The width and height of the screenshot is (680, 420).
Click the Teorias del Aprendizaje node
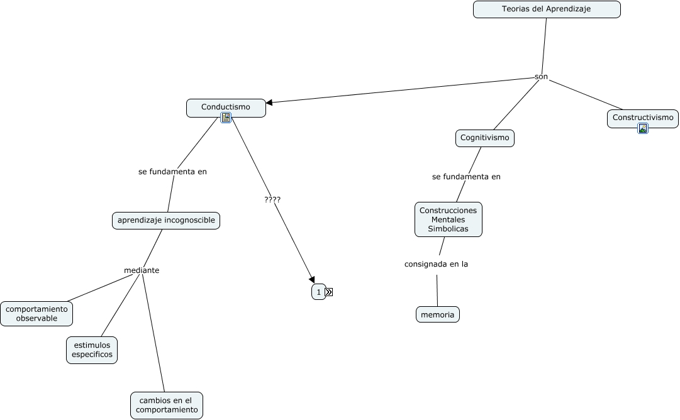pos(546,9)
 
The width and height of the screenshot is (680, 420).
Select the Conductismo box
pos(226,107)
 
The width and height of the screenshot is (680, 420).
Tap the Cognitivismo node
pos(484,138)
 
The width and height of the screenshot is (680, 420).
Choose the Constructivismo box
pos(642,118)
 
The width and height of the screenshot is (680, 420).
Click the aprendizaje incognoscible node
pos(166,220)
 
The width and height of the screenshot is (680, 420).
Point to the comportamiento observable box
pos(36,314)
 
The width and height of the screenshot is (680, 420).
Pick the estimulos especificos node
pos(92,350)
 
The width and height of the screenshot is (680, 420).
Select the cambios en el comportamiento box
pos(167,405)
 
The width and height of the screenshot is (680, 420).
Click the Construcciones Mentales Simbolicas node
pos(448,219)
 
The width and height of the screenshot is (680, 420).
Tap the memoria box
pos(437,314)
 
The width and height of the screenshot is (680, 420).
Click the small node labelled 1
pos(318,292)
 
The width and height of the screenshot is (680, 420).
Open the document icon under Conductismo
pos(226,118)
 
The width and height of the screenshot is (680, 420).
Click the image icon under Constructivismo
pos(642,128)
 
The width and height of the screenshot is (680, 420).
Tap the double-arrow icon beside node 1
pos(329,292)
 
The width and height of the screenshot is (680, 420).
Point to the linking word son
pos(541,77)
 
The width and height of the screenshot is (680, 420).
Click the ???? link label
pos(272,199)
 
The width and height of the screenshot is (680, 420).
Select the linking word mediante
pos(142,270)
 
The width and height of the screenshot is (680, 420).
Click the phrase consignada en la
pos(436,264)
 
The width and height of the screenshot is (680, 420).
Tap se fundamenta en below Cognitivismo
pos(466,177)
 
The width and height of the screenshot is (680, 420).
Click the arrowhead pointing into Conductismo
pos(270,102)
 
